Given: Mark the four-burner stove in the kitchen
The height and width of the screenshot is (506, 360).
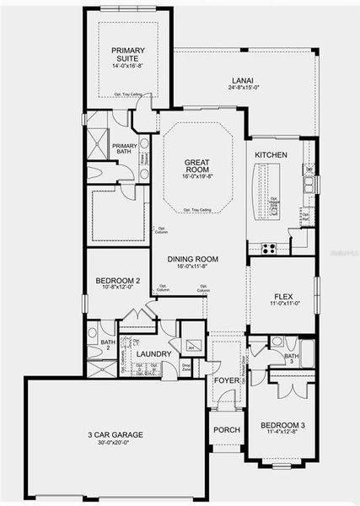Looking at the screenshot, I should pos(270,248).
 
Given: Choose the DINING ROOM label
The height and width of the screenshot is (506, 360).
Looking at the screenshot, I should pos(198,261).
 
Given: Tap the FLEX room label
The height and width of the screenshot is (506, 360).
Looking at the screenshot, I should pos(282,297).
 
